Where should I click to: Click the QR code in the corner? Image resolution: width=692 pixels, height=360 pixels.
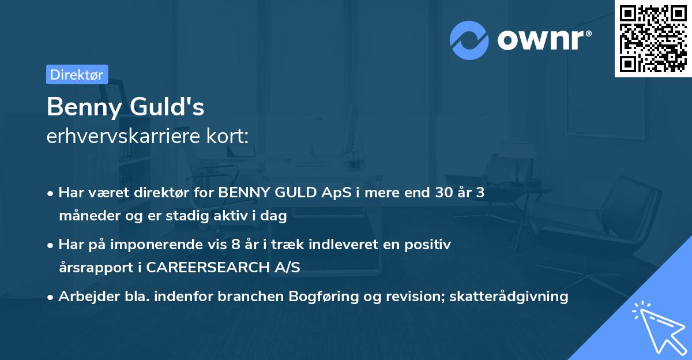coord(653,39)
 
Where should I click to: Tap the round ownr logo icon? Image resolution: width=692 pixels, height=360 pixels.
coord(469,40)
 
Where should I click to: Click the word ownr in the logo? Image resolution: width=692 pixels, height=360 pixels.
coord(543,40)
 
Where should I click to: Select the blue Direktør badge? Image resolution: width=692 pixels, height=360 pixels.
coord(77,74)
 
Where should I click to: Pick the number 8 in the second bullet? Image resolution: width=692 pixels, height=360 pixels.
coord(235,245)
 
